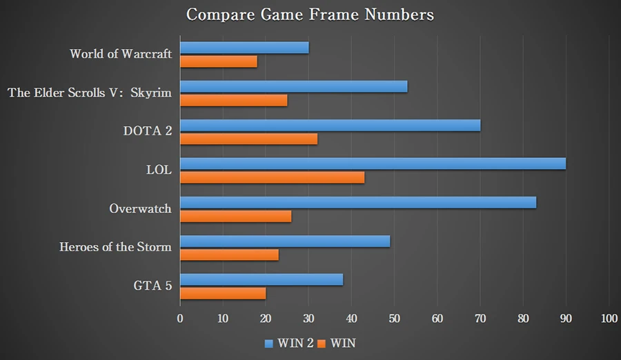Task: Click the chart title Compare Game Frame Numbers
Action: [x=310, y=14]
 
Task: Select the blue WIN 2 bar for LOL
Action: [x=373, y=163]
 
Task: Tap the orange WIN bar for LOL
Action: [x=272, y=177]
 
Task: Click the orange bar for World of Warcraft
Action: [x=218, y=61]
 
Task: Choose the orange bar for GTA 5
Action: [x=222, y=294]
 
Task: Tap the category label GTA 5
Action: [x=153, y=286]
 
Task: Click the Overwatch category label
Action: [x=140, y=208]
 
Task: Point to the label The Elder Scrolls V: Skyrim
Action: [x=89, y=92]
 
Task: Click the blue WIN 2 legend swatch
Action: [x=270, y=343]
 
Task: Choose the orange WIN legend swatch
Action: [x=321, y=343]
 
